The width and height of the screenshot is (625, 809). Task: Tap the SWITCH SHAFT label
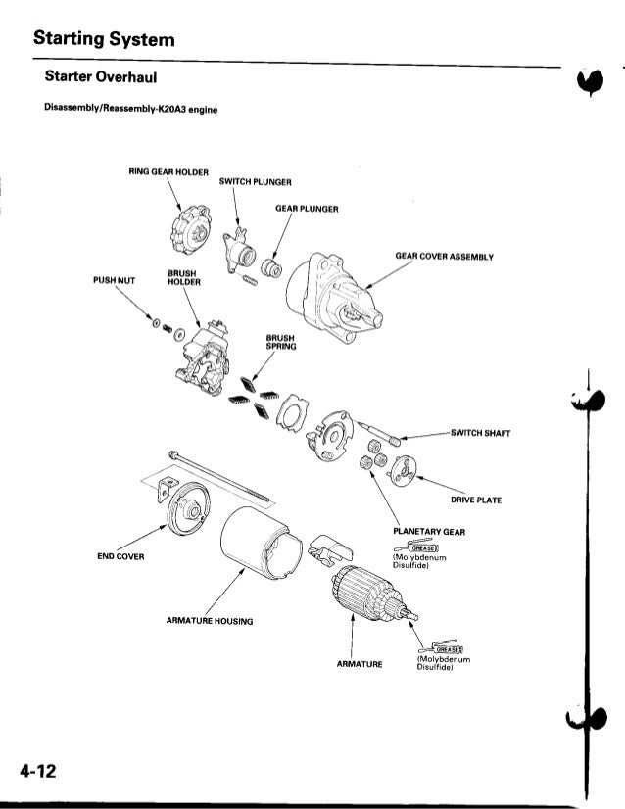480,431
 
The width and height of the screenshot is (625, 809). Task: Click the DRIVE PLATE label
476,500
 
